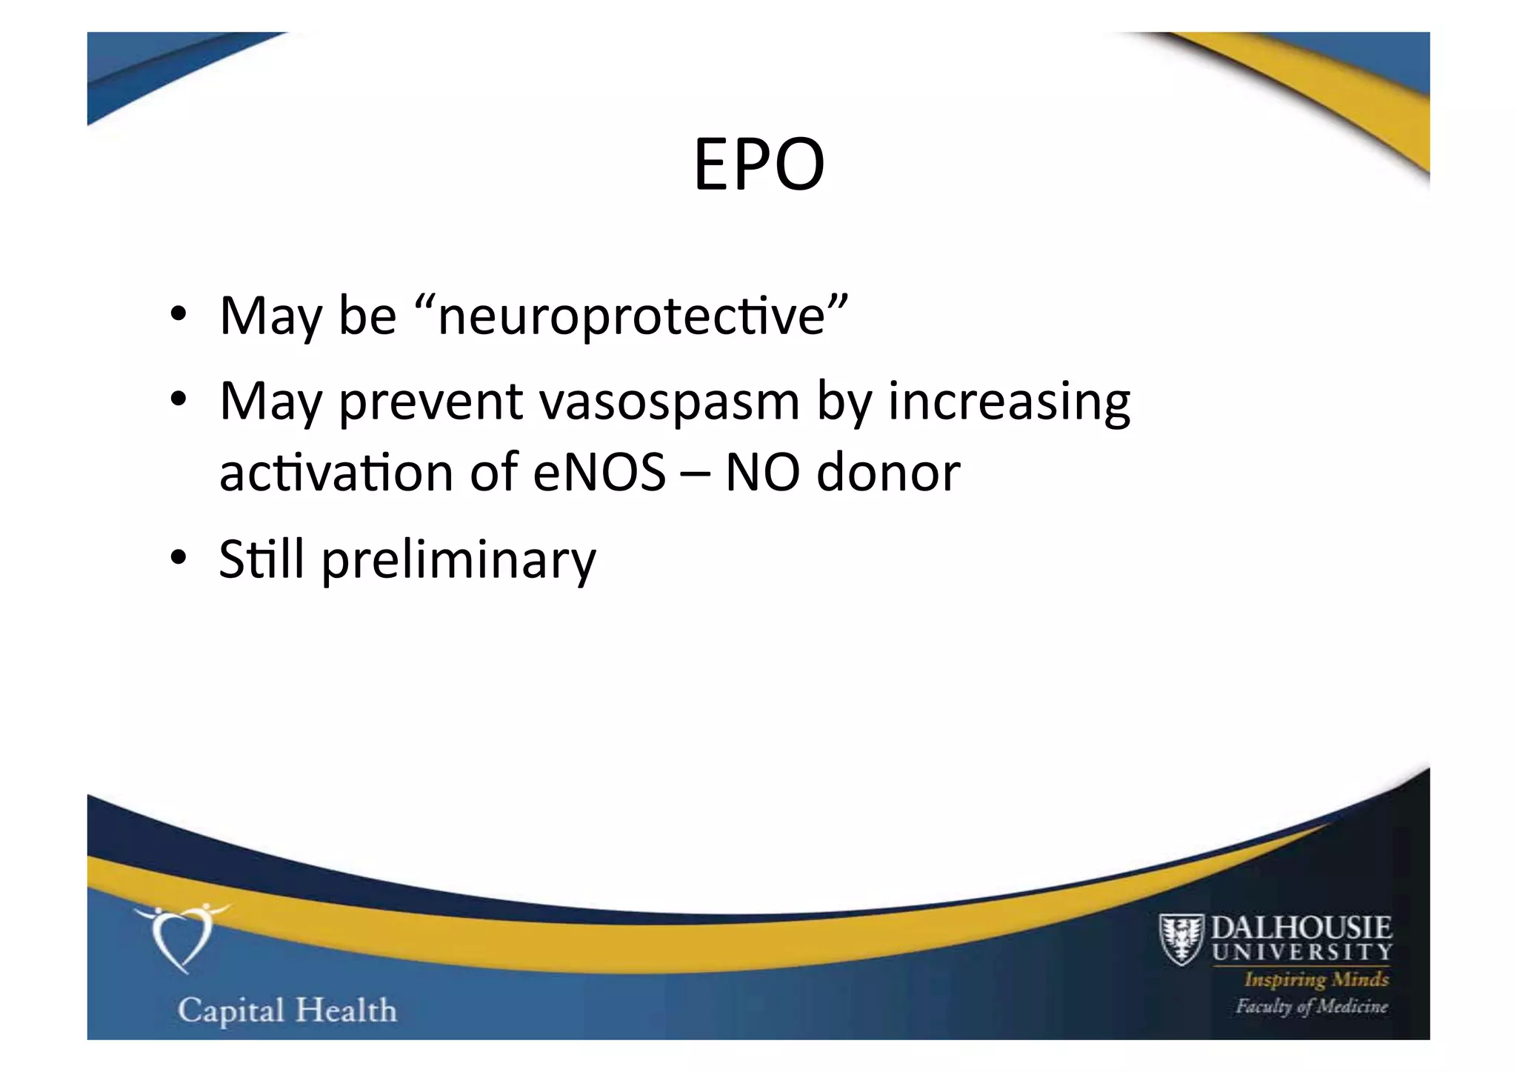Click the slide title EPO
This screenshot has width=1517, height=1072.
click(758, 164)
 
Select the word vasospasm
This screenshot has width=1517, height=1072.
click(669, 402)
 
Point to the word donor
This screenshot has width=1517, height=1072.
click(887, 473)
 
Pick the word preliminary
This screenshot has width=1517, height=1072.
click(459, 560)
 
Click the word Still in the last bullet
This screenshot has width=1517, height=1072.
click(261, 559)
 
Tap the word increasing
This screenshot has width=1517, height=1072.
click(1009, 402)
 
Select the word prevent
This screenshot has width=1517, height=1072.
click(431, 402)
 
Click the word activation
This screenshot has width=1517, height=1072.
click(336, 473)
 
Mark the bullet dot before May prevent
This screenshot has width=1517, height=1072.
click(178, 401)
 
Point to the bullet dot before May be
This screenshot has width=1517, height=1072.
click(178, 315)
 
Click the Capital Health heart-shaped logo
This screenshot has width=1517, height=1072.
click(181, 936)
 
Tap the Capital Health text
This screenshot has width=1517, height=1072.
click(287, 1011)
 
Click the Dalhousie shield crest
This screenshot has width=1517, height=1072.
click(1181, 939)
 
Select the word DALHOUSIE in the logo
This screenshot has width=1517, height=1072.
click(1301, 928)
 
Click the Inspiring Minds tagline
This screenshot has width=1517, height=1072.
click(1316, 979)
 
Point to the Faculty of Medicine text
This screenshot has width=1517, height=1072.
click(1311, 1006)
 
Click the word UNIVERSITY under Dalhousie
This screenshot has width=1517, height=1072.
click(1301, 952)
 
